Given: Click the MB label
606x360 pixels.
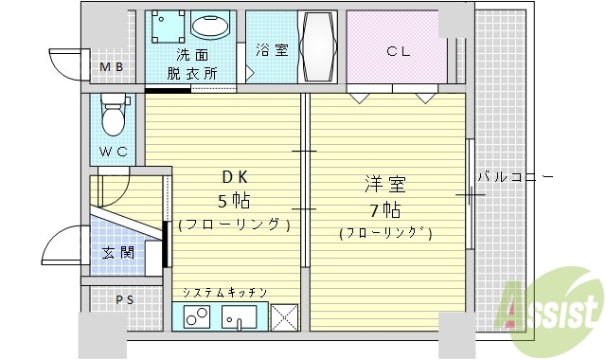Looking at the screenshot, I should (113, 66).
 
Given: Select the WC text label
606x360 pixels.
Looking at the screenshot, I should (113, 152).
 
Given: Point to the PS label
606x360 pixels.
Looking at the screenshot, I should (125, 300).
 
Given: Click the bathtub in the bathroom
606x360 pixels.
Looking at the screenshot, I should (317, 47).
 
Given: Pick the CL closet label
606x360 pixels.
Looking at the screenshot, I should (398, 51).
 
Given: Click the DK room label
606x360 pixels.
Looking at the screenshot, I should (235, 177).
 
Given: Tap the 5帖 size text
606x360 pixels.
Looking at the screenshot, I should (236, 200).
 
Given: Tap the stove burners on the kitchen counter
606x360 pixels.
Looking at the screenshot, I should (198, 318).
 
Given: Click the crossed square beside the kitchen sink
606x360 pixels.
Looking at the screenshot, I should (284, 317).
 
